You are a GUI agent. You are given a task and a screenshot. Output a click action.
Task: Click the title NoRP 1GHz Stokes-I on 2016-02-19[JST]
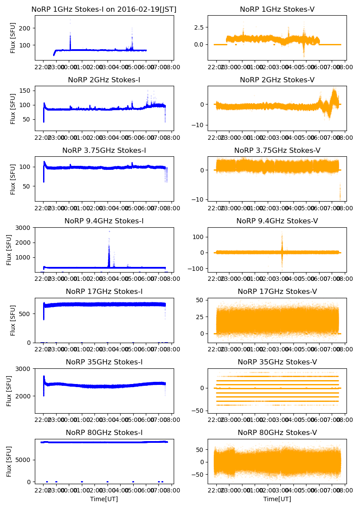point(104,9)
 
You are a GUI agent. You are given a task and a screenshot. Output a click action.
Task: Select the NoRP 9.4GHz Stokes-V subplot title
point(277,221)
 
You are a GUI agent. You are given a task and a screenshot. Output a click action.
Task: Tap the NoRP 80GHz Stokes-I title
point(104,432)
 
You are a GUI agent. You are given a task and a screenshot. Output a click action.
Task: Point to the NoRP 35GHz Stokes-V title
point(277,362)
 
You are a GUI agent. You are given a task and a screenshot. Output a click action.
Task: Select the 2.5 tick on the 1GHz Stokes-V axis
point(200,27)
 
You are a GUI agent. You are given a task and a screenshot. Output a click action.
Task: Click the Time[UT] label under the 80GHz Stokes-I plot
point(104,499)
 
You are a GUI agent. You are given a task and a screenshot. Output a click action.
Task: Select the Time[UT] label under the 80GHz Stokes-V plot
point(277,499)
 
